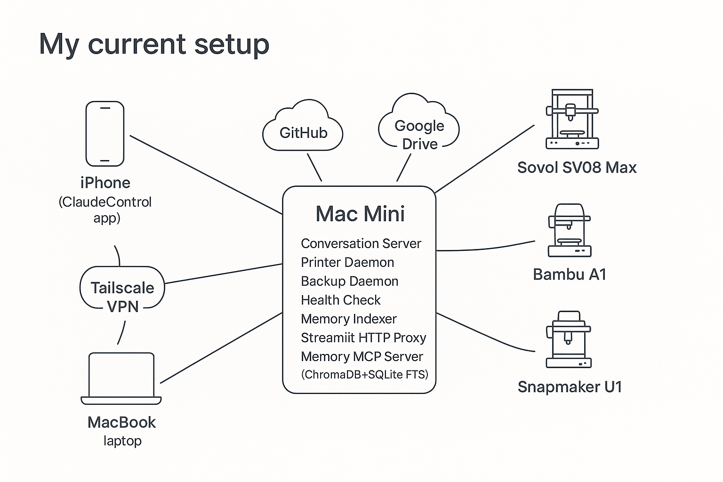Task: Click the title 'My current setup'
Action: coord(154,44)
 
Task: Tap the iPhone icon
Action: coord(105,134)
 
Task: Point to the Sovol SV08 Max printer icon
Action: coord(572,120)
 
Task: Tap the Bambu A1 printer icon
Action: coord(570,230)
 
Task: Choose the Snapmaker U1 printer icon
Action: coord(569,339)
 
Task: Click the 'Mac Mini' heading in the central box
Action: coord(360,214)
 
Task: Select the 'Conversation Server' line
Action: coord(361,243)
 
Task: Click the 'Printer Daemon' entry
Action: coord(347,262)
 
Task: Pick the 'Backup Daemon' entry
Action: coord(349,281)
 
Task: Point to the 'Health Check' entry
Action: coord(340,300)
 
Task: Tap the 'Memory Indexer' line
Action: coord(348,319)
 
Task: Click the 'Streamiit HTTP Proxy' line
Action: coord(363,337)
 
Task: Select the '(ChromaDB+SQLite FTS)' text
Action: coord(364,374)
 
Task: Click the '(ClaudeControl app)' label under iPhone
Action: coord(105,210)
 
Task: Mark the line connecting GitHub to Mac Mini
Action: coord(314,167)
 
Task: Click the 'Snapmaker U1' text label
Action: coord(570,387)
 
